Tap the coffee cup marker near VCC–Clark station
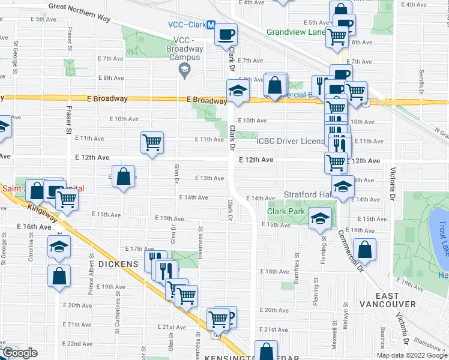[x=226, y=34]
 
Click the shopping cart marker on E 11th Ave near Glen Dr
[x=152, y=143]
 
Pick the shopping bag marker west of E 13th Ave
[x=123, y=177]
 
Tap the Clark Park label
[x=285, y=211]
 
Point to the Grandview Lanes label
[x=295, y=32]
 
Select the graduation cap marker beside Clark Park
[x=321, y=219]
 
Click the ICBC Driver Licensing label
[x=291, y=141]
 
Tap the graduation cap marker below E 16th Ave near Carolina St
[x=59, y=247]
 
